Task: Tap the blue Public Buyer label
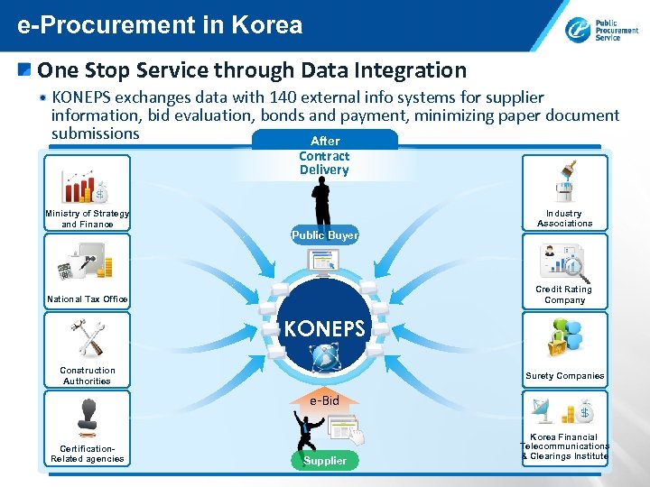click(x=325, y=235)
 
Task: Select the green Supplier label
click(x=325, y=460)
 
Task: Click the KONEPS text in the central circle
click(x=325, y=328)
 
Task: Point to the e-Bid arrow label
click(x=325, y=400)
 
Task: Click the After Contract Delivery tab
click(x=325, y=155)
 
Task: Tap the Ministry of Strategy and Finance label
click(x=88, y=219)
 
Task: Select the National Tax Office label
click(x=88, y=299)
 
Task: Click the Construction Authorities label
click(x=88, y=375)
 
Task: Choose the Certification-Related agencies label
click(x=88, y=454)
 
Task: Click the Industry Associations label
click(x=565, y=218)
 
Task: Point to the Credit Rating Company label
click(x=564, y=295)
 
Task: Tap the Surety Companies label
click(x=565, y=376)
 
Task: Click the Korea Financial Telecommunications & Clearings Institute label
click(x=565, y=446)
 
